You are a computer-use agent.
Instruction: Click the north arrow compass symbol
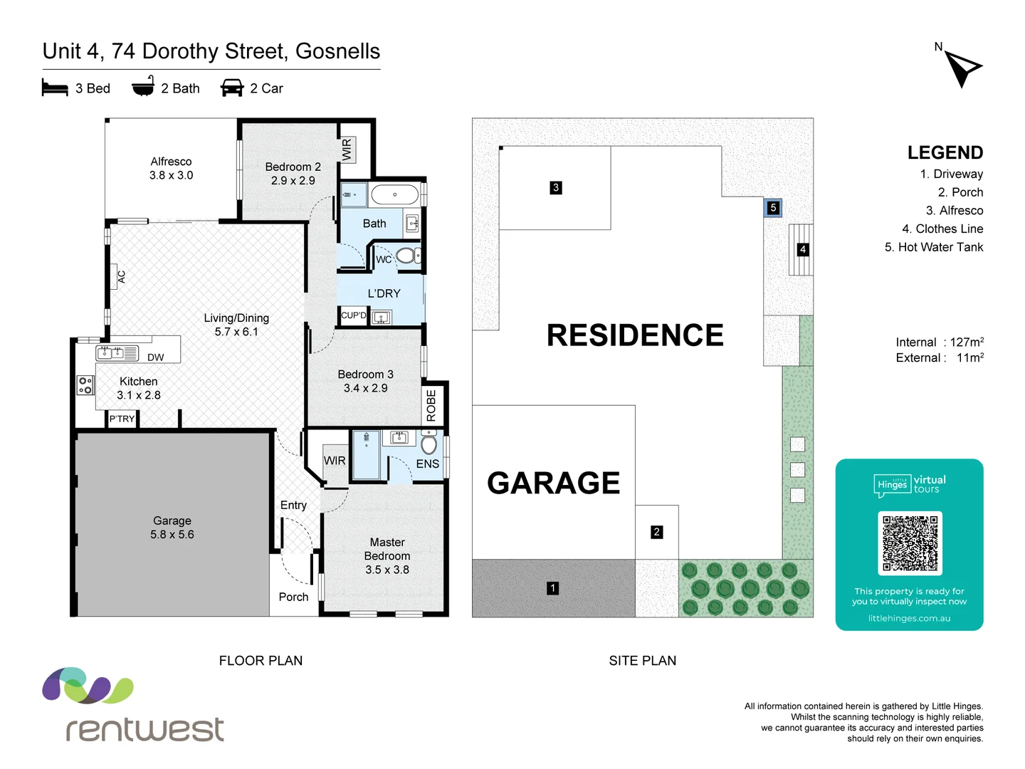(963, 68)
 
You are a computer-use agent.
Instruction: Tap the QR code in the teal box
(910, 543)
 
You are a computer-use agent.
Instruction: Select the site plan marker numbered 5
(773, 208)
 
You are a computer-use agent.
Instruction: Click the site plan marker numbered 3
(556, 188)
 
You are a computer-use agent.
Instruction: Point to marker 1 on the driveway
(553, 588)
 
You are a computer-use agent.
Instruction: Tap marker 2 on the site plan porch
(656, 532)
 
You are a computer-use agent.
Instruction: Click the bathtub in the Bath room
(395, 194)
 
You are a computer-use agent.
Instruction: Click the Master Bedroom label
(387, 555)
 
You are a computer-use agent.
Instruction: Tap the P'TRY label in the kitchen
(122, 419)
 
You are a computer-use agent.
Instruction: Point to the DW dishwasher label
(156, 357)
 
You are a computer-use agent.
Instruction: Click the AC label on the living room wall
(122, 277)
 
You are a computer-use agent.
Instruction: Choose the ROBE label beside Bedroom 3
(431, 405)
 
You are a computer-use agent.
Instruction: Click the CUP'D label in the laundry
(354, 315)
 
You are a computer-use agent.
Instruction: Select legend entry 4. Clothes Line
(942, 229)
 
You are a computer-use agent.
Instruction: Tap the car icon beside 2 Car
(232, 88)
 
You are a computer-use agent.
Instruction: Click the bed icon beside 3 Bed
(55, 88)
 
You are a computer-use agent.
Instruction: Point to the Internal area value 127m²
(967, 342)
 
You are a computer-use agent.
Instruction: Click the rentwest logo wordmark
(145, 729)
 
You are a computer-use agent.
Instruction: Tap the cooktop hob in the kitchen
(85, 385)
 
